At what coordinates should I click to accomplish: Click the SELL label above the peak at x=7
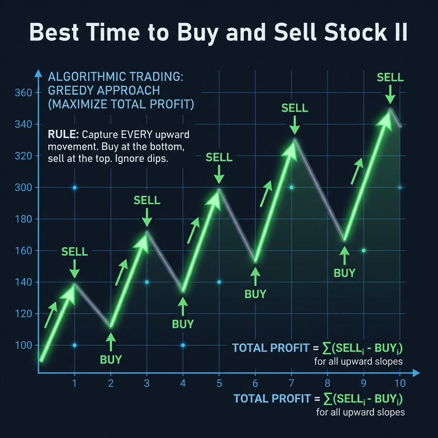[x=294, y=108]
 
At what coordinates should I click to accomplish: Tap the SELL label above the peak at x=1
[x=74, y=252]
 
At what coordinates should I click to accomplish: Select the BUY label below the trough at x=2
[x=111, y=359]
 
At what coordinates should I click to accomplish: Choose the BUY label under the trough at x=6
[x=255, y=294]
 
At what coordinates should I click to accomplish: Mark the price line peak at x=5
[x=219, y=189]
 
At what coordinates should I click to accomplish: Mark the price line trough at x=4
[x=183, y=292]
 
